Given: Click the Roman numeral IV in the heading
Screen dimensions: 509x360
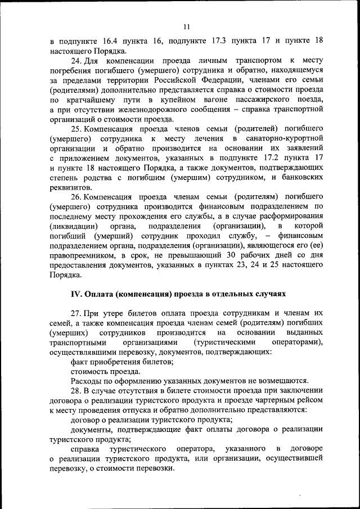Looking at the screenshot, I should pos(76,294).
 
